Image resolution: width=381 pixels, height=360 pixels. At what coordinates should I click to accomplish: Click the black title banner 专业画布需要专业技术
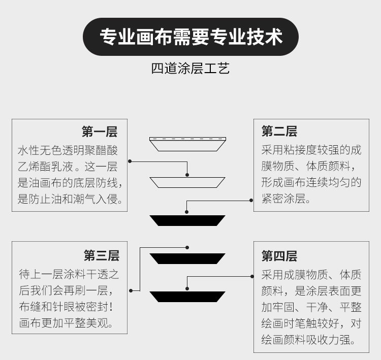[190, 37]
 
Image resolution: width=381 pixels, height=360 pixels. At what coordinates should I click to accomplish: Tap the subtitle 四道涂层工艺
[190, 69]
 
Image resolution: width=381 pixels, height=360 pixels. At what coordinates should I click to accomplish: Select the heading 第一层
[100, 132]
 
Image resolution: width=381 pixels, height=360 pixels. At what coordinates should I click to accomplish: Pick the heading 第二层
[279, 132]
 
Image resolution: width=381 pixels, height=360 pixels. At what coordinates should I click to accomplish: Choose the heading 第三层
[102, 255]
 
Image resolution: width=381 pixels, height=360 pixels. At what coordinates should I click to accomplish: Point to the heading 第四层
[279, 255]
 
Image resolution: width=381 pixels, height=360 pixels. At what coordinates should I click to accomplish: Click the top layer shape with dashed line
[187, 144]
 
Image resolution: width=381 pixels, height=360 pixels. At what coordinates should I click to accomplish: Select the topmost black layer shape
[187, 220]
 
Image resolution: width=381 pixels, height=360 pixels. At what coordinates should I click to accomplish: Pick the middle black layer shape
[187, 258]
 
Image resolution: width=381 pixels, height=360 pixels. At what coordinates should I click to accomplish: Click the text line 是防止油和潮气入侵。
[70, 199]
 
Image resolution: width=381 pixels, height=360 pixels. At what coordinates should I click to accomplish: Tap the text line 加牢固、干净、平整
[311, 307]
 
